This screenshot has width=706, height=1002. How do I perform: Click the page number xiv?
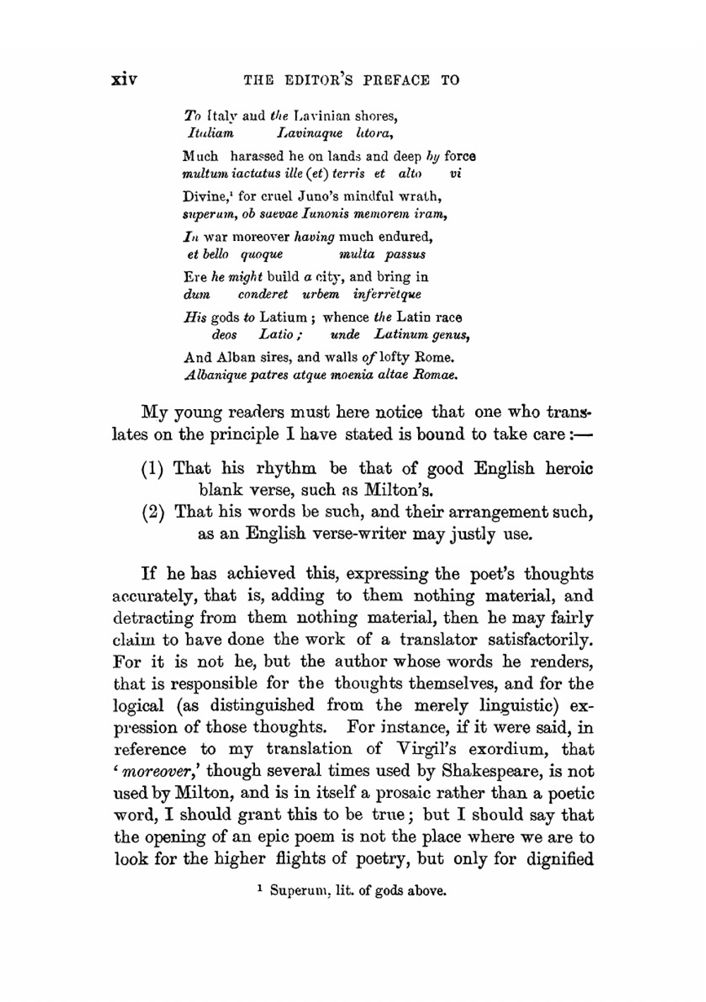tap(124, 78)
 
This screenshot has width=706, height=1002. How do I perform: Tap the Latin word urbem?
tap(321, 294)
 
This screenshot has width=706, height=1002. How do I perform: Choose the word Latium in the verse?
tap(283, 317)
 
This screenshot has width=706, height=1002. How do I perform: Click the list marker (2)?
tap(153, 512)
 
